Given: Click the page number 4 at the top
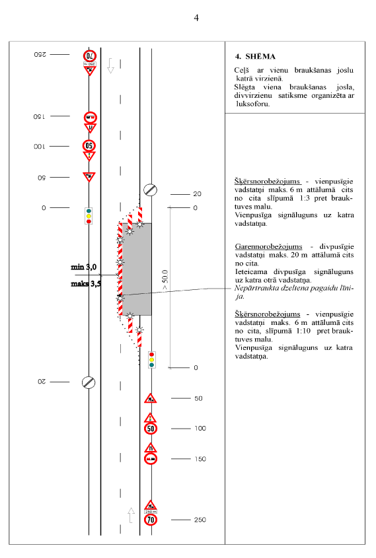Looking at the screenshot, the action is tap(196, 18).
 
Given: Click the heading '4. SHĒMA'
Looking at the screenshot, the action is tap(255, 56).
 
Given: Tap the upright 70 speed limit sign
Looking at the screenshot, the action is tap(151, 520).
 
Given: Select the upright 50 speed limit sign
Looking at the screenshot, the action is tap(151, 429).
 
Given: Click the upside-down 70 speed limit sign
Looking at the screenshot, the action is tap(90, 56).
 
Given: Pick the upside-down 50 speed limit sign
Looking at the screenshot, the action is tap(89, 146).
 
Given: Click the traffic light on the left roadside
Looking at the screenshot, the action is tap(89, 216).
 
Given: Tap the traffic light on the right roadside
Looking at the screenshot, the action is tap(152, 360).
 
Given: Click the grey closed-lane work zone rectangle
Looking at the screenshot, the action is tap(137, 269).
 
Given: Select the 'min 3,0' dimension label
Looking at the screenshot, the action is tap(84, 267).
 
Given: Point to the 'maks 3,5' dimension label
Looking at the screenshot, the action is tap(86, 284).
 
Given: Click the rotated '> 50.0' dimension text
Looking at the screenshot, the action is tap(165, 281).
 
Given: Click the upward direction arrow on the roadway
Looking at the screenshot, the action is tap(131, 515).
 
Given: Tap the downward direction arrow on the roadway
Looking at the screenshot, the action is tap(111, 66).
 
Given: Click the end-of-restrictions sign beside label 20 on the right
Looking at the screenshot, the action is tap(150, 190).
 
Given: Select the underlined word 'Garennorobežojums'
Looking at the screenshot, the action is tap(268, 246).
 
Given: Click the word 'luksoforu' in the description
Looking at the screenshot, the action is tap(253, 104).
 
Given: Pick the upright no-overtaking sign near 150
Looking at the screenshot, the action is tap(151, 459).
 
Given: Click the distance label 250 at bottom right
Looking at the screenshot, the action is tap(200, 520).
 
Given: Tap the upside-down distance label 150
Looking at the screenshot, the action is tap(39, 116).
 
